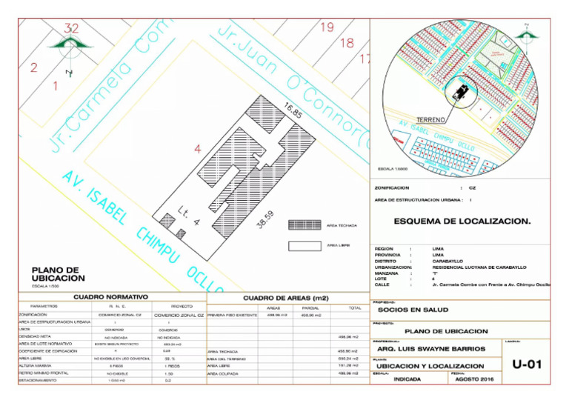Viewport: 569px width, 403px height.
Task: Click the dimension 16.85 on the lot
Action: click(x=292, y=110)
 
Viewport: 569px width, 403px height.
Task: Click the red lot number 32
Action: click(x=71, y=28)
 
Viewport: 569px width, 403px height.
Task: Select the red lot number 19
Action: click(x=327, y=27)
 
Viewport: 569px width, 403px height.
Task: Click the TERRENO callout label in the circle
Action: click(x=430, y=120)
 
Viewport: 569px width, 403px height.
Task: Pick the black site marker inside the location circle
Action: click(x=462, y=92)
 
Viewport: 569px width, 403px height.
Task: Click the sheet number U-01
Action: click(x=528, y=364)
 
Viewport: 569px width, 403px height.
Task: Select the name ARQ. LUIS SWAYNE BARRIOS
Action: click(x=430, y=348)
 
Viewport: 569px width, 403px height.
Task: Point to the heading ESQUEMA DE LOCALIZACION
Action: click(x=462, y=221)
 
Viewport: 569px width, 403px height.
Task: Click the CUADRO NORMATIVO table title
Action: click(x=112, y=296)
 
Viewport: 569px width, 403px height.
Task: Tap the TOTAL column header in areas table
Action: click(x=354, y=307)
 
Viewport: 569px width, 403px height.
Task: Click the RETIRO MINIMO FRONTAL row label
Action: click(x=45, y=373)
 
